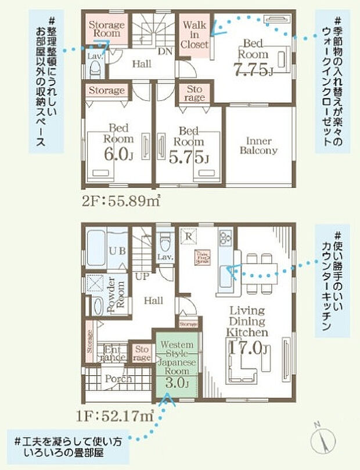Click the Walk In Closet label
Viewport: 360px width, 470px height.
pos(195,35)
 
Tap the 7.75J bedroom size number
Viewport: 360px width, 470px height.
pos(253,70)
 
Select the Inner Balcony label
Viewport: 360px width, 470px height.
pos(258,146)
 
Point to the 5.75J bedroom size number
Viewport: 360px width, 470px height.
pos(189,158)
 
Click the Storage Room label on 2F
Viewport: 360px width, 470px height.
pos(106,29)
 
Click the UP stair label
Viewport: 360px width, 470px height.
pos(142,276)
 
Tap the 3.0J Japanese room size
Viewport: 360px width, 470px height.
pos(177,383)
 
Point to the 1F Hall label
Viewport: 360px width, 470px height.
pos(153,301)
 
